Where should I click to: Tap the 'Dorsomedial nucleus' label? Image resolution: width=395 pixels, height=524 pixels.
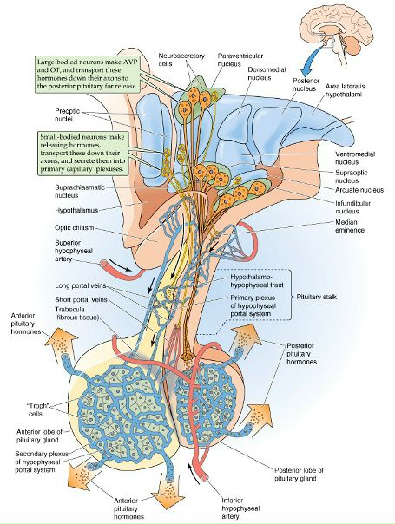(267, 74)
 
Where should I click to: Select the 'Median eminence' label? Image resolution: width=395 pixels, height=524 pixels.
(350, 226)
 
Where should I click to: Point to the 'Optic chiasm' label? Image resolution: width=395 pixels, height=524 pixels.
(75, 228)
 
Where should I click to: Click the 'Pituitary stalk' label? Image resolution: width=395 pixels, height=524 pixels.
(316, 297)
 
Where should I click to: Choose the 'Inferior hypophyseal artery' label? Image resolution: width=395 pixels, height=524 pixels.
(240, 508)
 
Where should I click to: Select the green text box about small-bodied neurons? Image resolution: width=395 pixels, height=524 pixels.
(83, 153)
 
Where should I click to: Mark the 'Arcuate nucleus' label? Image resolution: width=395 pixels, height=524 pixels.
(359, 190)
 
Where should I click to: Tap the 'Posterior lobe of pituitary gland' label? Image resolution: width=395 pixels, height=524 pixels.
(299, 475)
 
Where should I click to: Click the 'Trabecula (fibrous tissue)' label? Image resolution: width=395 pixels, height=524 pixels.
(76, 313)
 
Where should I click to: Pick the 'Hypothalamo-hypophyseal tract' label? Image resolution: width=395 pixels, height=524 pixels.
(256, 281)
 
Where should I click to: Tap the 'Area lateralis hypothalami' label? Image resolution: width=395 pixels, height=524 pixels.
(345, 90)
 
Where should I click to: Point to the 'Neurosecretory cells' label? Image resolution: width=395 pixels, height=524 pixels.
(181, 59)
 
